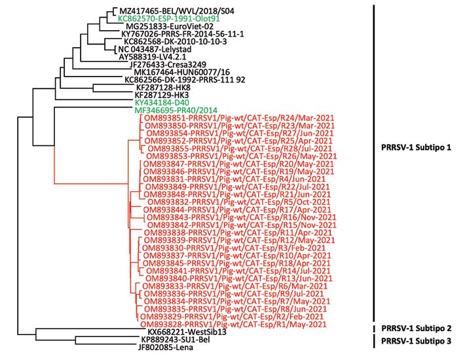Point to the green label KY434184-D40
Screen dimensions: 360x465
tap(160, 103)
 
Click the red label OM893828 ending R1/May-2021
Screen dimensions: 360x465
tap(232, 324)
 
